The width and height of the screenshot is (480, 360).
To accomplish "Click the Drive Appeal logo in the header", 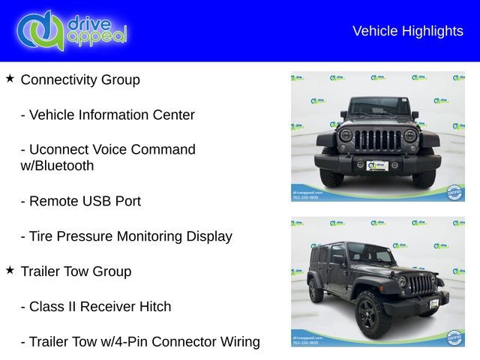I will click(x=72, y=30).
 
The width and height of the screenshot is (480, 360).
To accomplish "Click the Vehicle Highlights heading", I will click(x=407, y=31).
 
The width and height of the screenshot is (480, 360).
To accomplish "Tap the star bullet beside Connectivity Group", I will click(x=10, y=78).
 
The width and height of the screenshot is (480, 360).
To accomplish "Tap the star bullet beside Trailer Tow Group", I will click(x=10, y=270).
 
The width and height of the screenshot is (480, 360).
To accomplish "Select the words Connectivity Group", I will click(x=80, y=79).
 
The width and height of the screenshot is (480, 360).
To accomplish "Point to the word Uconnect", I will click(x=64, y=149).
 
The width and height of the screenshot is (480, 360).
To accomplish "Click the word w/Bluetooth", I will click(x=57, y=166).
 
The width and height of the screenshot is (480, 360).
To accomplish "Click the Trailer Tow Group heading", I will click(x=76, y=271).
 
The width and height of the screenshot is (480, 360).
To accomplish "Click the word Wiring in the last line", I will click(x=239, y=342).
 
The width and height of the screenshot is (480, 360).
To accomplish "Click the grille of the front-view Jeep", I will click(x=377, y=140).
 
